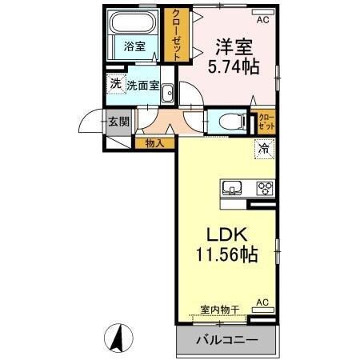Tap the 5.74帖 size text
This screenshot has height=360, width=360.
coord(233,67)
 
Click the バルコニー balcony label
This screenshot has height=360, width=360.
coord(226,339)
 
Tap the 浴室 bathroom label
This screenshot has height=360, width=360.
coord(134,46)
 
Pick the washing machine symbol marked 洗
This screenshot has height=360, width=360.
coord(116,83)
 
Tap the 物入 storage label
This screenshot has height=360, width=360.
coord(154,143)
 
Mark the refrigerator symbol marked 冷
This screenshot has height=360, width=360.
coord(263,147)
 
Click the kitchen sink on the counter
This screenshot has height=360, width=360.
coord(234,189)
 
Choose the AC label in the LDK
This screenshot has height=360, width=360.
coord(262,302)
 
